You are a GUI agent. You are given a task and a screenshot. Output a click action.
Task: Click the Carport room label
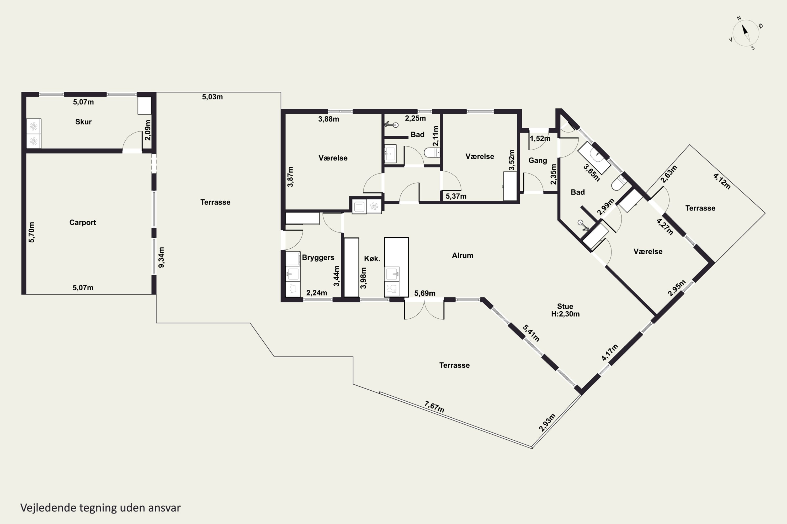point(83,222)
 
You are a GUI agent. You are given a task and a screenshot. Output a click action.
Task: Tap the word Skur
point(83,122)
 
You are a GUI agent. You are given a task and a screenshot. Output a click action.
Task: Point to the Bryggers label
point(318,258)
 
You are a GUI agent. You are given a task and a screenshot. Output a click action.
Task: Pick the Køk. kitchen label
point(372,258)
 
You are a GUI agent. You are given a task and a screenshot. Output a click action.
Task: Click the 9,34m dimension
point(161,257)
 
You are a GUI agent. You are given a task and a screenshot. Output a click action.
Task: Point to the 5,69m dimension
point(425,293)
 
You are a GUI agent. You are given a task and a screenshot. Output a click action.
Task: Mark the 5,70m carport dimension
point(31,232)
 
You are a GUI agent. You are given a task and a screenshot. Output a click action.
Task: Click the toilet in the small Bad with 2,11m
point(432,153)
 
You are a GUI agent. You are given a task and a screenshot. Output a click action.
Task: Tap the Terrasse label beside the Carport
point(215,202)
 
